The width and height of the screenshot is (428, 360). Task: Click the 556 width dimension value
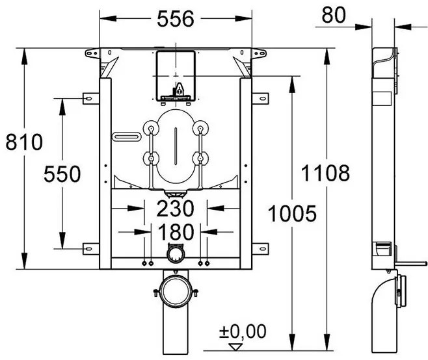click(176, 19)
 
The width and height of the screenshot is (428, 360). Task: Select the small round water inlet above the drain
click(175, 252)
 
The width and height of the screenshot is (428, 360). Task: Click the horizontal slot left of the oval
click(127, 136)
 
